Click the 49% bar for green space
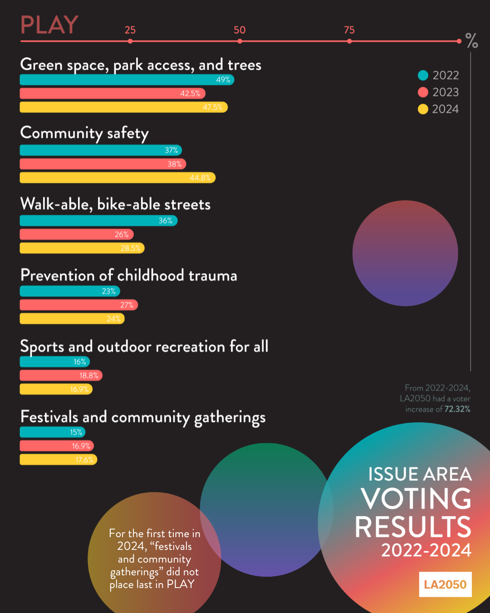coord(127,79)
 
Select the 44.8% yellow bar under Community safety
coord(118,178)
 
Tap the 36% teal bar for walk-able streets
coord(98,221)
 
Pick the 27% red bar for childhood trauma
coord(78,305)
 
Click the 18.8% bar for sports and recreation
coord(61,376)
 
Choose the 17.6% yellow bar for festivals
coord(59,460)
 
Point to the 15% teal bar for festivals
coord(53,432)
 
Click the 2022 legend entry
coord(439,75)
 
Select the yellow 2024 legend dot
coord(423,109)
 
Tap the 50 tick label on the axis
coord(240,30)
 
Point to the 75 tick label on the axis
coord(349,30)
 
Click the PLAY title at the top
coord(49,25)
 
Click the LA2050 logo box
coord(445,584)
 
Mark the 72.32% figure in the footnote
coord(457,409)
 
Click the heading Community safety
coord(85,133)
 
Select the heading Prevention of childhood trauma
coord(129,276)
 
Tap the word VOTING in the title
coord(416,499)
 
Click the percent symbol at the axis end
coord(472,41)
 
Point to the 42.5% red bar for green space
coord(113,94)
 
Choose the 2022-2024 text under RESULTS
coord(426,550)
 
